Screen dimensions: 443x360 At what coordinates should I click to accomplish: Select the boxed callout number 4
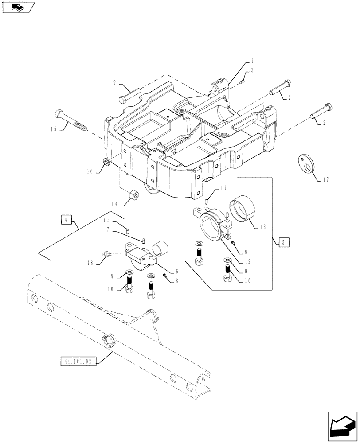(65, 219)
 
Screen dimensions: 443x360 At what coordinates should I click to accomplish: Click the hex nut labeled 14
(133, 195)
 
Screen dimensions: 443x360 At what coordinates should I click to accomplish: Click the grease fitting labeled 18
(106, 253)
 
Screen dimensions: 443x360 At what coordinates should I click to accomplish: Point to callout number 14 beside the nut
(114, 205)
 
